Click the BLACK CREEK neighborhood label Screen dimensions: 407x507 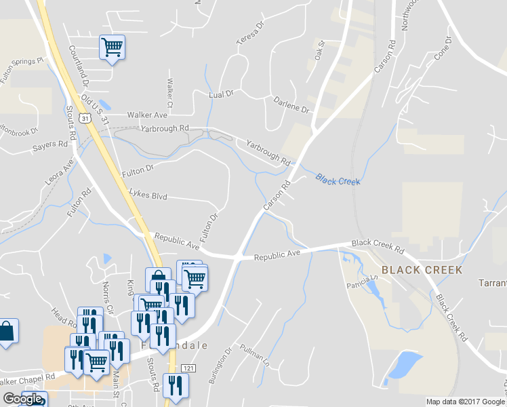(422, 270)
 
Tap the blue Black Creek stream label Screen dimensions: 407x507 (337, 180)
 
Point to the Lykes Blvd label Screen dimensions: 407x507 (148, 195)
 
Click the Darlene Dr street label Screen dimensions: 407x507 (291, 104)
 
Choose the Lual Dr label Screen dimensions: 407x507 (221, 94)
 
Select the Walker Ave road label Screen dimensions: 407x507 (146, 115)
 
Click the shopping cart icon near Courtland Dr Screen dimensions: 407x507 (112, 47)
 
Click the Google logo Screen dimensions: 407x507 (23, 400)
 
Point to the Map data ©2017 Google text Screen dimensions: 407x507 (465, 402)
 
